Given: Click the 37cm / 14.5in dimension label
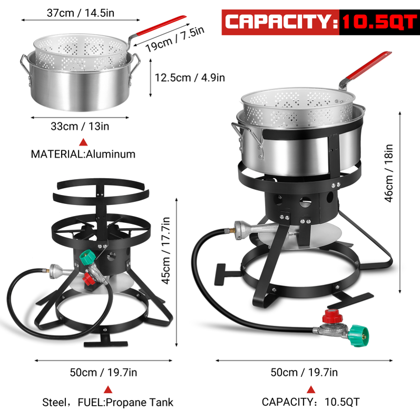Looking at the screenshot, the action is [x=80, y=13].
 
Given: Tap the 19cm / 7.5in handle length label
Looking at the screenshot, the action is [x=175, y=40].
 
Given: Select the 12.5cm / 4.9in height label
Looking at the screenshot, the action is [x=190, y=77].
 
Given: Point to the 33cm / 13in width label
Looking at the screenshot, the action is [x=80, y=126].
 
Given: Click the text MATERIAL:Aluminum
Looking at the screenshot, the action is [x=83, y=154].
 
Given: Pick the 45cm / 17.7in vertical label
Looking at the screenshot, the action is [x=166, y=250].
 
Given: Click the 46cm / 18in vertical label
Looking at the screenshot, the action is [x=389, y=173].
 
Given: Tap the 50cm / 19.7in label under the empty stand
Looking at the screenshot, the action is [x=103, y=373].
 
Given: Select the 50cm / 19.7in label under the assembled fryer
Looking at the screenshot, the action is [x=304, y=373].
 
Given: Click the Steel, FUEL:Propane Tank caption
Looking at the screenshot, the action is [x=108, y=402].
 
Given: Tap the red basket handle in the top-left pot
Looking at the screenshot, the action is [x=161, y=25].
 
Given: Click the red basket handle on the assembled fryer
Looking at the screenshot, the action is [x=368, y=65].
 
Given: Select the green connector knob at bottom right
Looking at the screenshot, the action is [x=359, y=336].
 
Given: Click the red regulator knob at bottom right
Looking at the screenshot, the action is [x=333, y=316].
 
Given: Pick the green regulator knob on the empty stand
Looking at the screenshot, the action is [x=87, y=257].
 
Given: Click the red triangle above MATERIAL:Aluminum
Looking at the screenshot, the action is [x=83, y=142].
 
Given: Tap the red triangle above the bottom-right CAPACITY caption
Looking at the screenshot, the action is [x=311, y=389].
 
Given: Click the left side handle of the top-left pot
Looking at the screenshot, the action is [x=25, y=69].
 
